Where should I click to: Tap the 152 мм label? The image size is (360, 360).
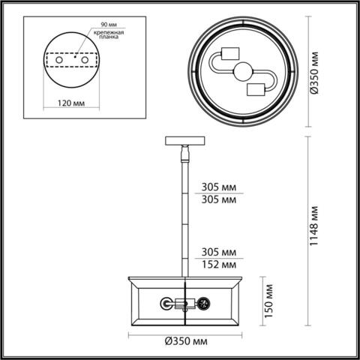tap(219, 265)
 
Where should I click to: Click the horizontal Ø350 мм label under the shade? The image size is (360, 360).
tap(184, 343)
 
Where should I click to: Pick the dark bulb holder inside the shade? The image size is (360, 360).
tap(202, 304)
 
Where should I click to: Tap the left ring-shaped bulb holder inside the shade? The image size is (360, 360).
tap(165, 304)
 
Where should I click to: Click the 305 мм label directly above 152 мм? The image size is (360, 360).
tap(219, 252)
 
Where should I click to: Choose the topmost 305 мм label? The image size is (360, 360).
tap(219, 187)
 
